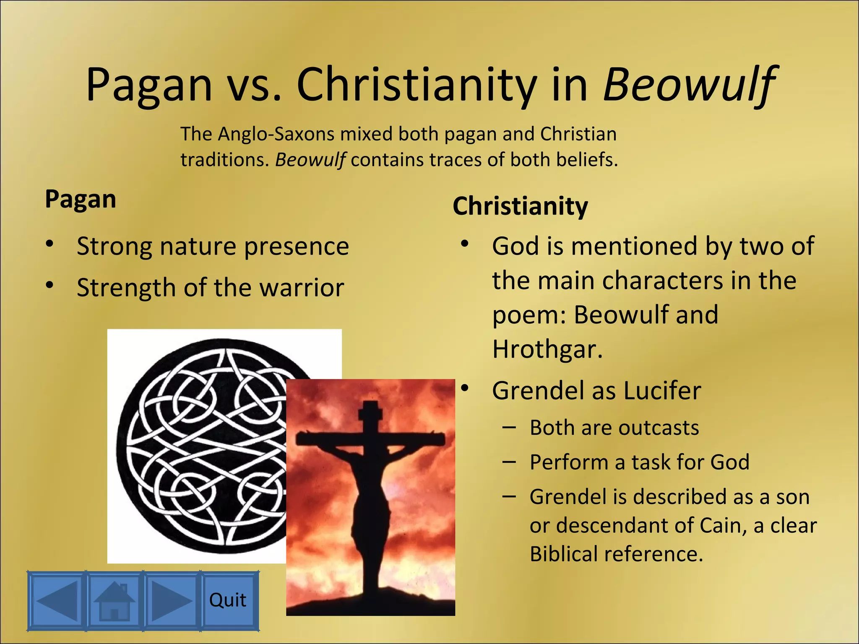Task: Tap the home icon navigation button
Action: point(114,600)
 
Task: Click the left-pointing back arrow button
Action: point(57,600)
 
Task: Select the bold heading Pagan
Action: point(81,199)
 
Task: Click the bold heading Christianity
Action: point(520,206)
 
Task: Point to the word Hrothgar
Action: point(547,349)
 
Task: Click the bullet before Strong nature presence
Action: point(50,244)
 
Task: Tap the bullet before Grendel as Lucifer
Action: point(464,389)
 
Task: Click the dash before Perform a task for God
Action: point(509,462)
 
